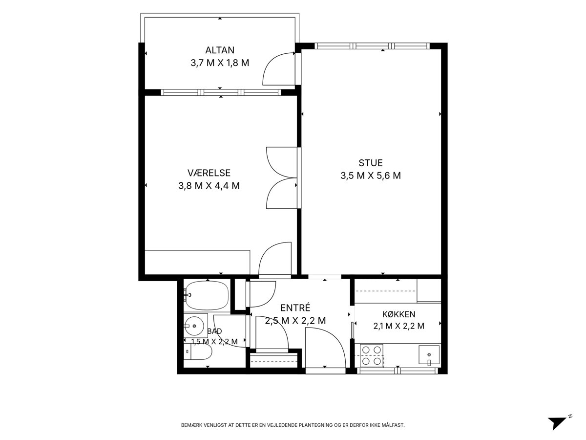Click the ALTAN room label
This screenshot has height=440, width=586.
click(220, 50)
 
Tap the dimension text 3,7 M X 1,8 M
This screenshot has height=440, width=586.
click(220, 63)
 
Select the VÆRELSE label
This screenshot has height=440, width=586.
click(209, 173)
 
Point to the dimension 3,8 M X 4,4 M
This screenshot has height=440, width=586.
click(209, 186)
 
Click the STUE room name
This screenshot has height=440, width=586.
click(371, 163)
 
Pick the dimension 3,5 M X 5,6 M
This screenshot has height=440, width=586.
click(371, 176)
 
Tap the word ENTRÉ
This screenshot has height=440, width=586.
click(295, 308)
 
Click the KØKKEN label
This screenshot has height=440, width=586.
click(398, 314)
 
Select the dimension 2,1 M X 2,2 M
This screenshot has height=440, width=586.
click(398, 326)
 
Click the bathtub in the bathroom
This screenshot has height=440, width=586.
click(207, 296)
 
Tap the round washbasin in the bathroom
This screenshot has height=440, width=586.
click(194, 326)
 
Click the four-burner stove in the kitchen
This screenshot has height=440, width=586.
click(372, 355)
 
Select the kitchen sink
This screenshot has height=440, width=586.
click(429, 355)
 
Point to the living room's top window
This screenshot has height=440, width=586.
click(372, 46)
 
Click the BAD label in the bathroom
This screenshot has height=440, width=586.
click(214, 331)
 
